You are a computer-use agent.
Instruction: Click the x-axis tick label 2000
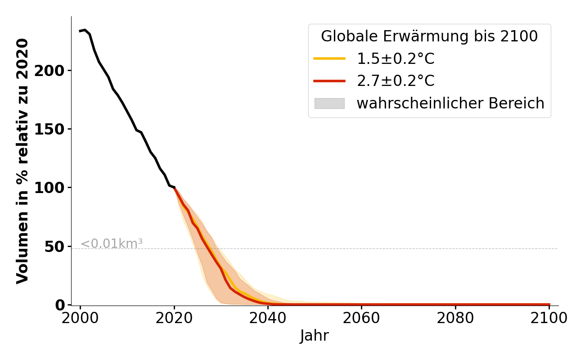80,318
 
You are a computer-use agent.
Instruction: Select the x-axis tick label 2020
174,318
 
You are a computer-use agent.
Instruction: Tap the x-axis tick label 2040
268,318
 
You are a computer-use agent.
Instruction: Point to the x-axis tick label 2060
361,318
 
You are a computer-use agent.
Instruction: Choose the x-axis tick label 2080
455,318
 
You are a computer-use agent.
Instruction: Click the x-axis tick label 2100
549,318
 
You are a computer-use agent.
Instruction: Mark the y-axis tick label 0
60,305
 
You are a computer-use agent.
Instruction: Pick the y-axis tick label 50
54,247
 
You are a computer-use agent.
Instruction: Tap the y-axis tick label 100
49,188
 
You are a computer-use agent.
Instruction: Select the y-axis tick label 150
49,129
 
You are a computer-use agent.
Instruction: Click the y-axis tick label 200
49,71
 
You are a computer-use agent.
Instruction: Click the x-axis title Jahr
314,336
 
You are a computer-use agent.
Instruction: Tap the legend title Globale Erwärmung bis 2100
429,36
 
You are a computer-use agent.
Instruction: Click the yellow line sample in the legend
329,58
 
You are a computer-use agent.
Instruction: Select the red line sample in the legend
329,81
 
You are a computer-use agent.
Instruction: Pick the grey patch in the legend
329,103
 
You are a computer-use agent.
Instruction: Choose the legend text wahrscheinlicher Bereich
450,103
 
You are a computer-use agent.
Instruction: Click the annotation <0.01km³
112,243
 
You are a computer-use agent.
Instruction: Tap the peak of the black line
85,30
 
